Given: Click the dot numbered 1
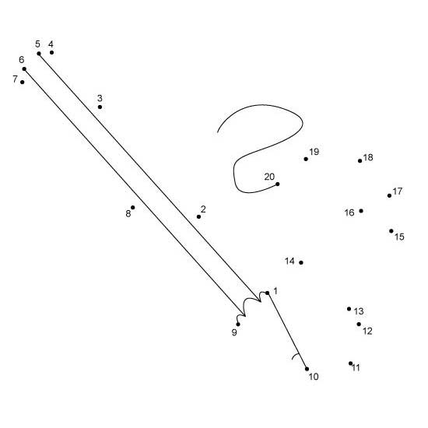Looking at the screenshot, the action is tap(267, 293).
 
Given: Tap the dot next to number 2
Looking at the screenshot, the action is tap(198, 216).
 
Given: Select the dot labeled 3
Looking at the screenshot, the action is tap(100, 107).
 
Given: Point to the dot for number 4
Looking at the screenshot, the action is tap(51, 52).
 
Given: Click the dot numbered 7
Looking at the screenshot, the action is tap(22, 82).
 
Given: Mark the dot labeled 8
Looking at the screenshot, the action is tap(132, 208).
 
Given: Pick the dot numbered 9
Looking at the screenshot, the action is tap(238, 325).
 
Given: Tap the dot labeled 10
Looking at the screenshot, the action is tap(307, 369).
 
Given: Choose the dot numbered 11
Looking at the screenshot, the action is tap(350, 363).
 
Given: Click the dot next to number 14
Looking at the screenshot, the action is tap(301, 262).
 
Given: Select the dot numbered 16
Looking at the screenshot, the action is tap(361, 211).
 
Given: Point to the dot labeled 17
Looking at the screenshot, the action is tap(389, 195).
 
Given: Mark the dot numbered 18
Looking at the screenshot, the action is tap(360, 161).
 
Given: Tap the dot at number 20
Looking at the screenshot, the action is tap(277, 184).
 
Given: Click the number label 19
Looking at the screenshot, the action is tap(314, 152).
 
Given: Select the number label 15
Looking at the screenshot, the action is tap(399, 237).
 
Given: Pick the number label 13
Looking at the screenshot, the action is tap(359, 311).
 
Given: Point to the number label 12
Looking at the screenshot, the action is tap(367, 331).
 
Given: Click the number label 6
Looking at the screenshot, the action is tap(22, 59).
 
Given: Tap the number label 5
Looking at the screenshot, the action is tap(37, 44).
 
